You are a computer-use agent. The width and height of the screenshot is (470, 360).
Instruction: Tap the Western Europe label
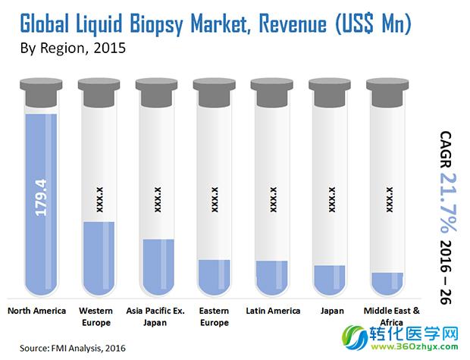[100, 317]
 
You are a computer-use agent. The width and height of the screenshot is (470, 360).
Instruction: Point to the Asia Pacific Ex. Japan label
[158, 317]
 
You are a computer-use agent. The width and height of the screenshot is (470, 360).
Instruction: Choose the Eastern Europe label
[215, 317]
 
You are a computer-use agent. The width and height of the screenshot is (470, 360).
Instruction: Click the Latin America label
[273, 311]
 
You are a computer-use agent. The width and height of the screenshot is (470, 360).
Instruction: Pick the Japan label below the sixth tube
[331, 311]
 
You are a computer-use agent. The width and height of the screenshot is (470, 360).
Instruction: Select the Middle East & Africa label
[390, 317]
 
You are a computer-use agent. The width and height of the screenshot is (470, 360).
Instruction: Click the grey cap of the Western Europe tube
[99, 90]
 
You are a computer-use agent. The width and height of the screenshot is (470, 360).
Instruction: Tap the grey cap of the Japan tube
[331, 90]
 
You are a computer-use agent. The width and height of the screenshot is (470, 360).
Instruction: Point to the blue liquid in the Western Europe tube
[99, 258]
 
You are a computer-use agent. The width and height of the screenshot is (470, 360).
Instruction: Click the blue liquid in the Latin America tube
[273, 277]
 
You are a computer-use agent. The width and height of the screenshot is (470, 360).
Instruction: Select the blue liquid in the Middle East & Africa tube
[390, 283]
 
